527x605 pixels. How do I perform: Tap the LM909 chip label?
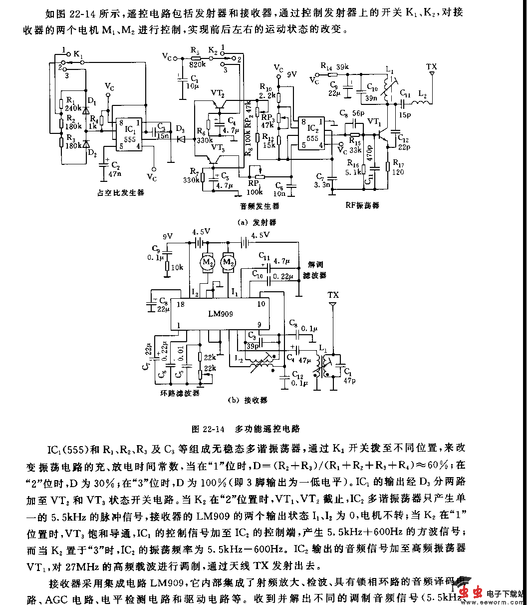[220, 314]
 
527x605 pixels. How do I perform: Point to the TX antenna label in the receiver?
[333, 294]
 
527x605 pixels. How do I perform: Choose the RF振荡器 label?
[362, 205]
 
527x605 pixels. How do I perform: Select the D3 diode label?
[180, 129]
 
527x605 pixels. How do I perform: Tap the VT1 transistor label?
[374, 121]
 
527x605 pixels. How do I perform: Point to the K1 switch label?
[78, 53]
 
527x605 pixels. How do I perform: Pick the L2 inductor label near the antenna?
[422, 94]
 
